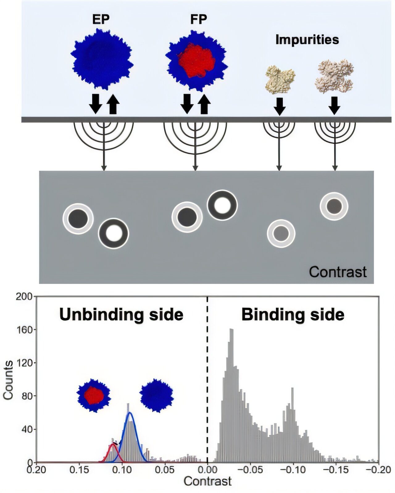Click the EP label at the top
101,19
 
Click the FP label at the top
198,19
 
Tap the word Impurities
307,40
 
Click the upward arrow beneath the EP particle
113,104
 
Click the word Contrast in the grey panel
338,272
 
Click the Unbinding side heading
121,315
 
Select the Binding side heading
293,315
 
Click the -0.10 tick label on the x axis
293,470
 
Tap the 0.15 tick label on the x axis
79,470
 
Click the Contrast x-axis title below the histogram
207,481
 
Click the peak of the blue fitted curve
130,413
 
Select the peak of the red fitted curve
113,444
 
